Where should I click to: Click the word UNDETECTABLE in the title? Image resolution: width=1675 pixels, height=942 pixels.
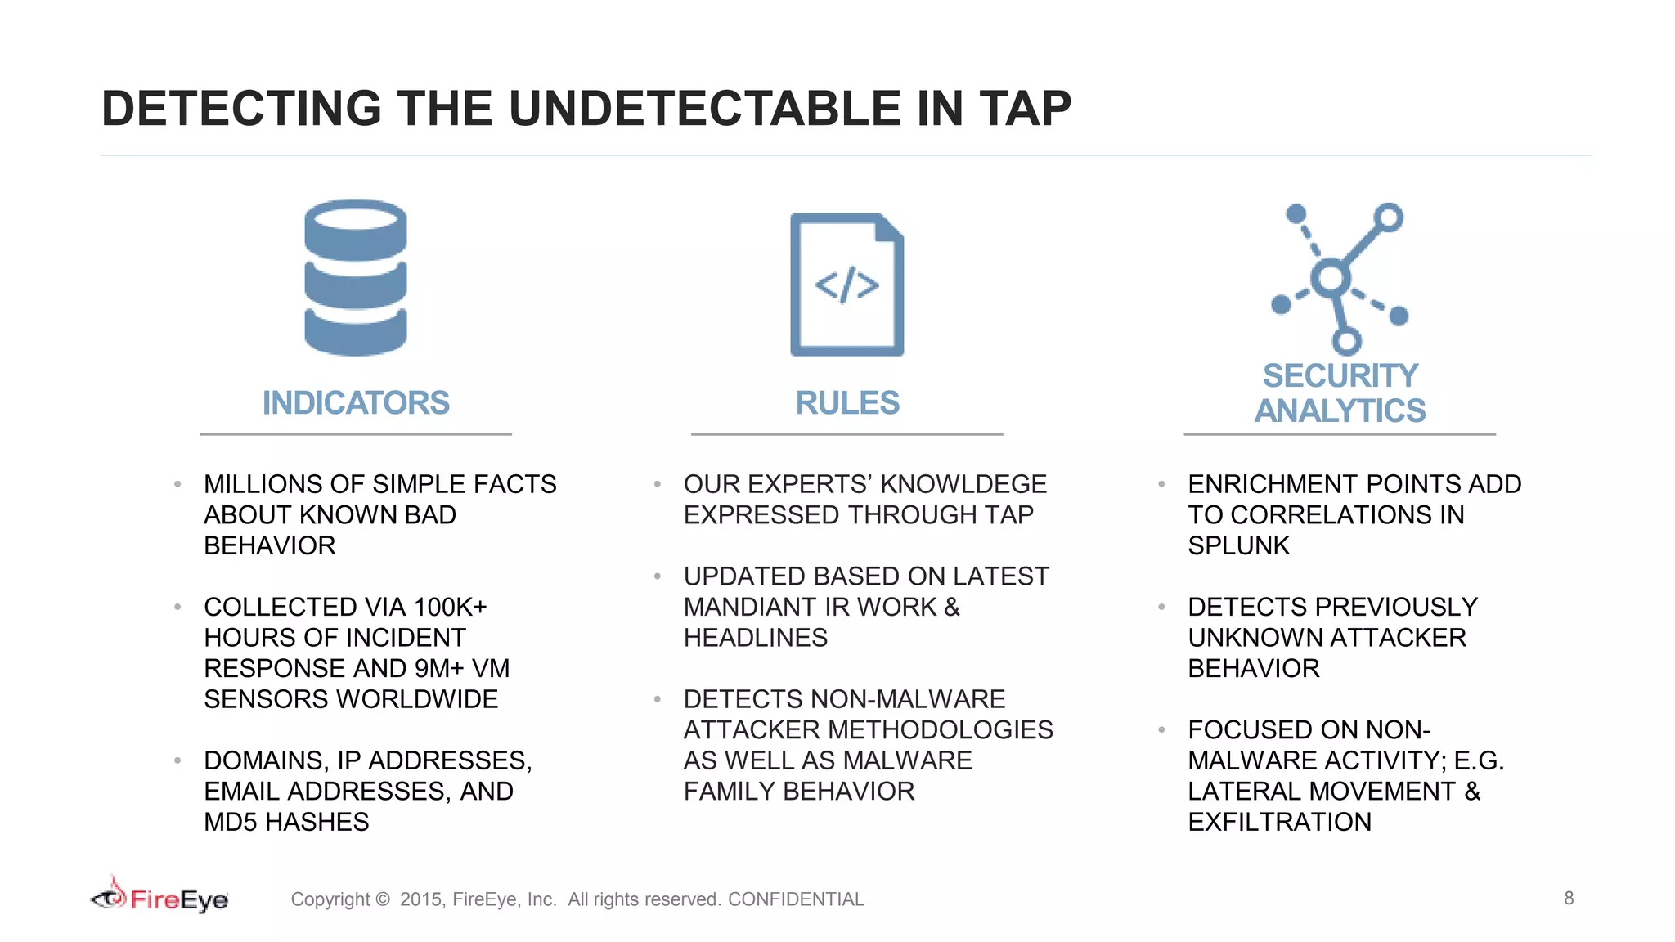pyautogui.click(x=703, y=109)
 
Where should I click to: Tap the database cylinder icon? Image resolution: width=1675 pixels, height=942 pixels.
pyautogui.click(x=356, y=277)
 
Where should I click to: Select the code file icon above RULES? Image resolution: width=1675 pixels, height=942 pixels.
pyautogui.click(x=846, y=285)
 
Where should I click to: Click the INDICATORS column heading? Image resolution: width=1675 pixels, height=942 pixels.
pyautogui.click(x=356, y=403)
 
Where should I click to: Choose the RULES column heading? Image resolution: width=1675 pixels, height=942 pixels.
pyautogui.click(x=847, y=403)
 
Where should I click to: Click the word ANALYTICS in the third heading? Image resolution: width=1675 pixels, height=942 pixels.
pyautogui.click(x=1340, y=410)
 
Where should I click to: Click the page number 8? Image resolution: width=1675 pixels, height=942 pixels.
pyautogui.click(x=1569, y=898)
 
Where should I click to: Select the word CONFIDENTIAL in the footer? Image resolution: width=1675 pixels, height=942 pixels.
pyautogui.click(x=796, y=899)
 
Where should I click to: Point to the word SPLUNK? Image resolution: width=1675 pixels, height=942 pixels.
pyautogui.click(x=1238, y=545)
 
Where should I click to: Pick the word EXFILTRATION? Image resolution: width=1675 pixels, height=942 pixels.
pyautogui.click(x=1279, y=822)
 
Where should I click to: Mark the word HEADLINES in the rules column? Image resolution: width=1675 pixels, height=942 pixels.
pyautogui.click(x=755, y=638)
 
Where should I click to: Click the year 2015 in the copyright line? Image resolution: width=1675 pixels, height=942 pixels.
pyautogui.click(x=420, y=899)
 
